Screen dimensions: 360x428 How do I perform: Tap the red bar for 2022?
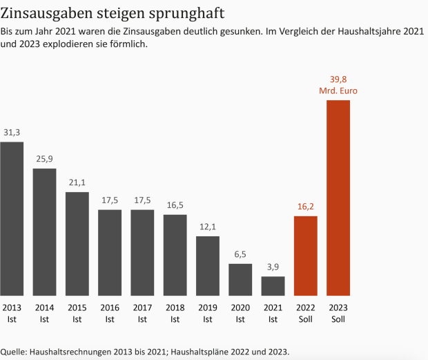point(305,256)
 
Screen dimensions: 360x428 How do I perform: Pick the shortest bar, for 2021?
point(273,286)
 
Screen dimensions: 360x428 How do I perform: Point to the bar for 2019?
point(208,266)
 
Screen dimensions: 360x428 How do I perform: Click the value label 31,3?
point(12,133)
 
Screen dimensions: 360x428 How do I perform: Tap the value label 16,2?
point(305,207)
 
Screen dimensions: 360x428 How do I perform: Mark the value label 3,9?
point(273,267)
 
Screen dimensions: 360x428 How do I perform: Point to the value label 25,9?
point(45,159)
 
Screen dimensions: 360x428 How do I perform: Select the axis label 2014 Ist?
point(45,312)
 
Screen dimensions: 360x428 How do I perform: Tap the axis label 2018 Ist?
point(175,312)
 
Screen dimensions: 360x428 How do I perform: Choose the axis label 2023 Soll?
point(338,312)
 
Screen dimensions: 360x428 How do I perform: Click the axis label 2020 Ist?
point(240,312)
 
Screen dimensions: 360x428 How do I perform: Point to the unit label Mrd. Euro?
point(338,91)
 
